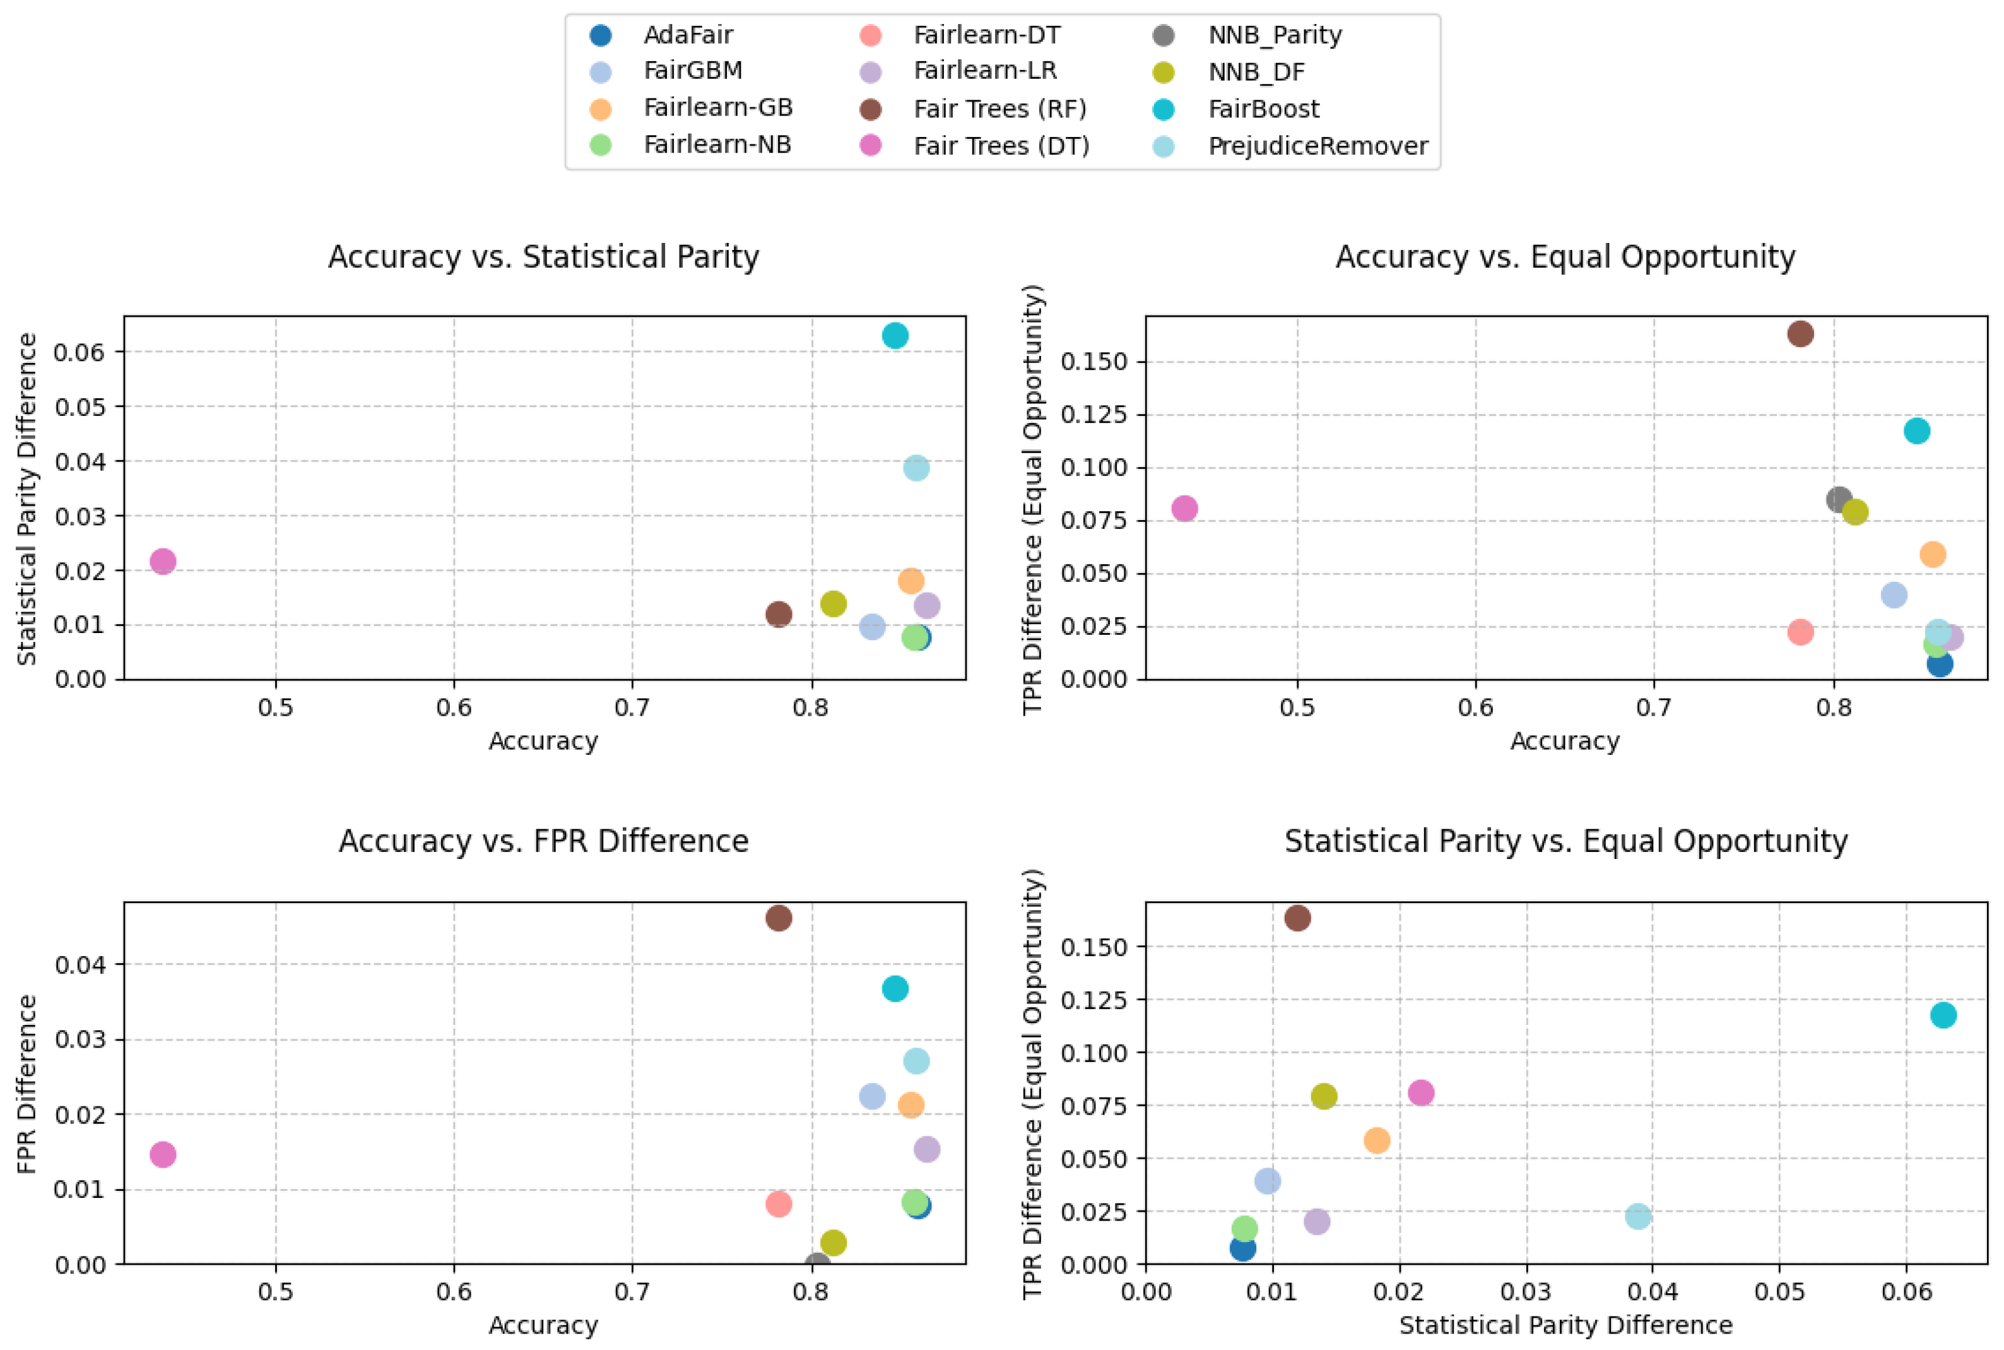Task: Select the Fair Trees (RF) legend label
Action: click(999, 109)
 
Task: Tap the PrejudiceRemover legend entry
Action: click(1317, 146)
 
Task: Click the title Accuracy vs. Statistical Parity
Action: click(543, 257)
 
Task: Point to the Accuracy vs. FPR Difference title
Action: click(543, 840)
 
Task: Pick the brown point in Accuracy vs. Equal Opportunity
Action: click(1800, 334)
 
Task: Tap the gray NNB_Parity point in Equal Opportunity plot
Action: click(1839, 499)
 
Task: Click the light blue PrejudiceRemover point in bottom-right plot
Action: click(1638, 1216)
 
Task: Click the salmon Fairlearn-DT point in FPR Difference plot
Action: click(778, 1204)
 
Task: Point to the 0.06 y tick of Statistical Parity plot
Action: click(80, 352)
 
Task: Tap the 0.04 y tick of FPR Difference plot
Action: click(80, 965)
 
